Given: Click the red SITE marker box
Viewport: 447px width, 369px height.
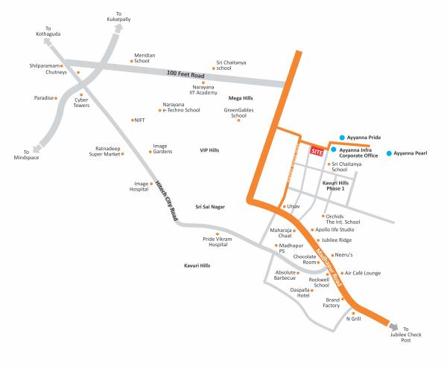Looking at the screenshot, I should pyautogui.click(x=317, y=150).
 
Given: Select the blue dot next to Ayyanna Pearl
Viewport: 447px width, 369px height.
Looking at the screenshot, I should pyautogui.click(x=388, y=153).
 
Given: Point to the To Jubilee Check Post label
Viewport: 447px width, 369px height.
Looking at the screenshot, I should pyautogui.click(x=411, y=335).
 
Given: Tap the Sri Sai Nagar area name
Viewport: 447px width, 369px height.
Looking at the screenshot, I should pyautogui.click(x=210, y=207).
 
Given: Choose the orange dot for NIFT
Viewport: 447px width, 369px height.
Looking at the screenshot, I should pyautogui.click(x=132, y=120).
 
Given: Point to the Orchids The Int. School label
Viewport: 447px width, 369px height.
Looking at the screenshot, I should pyautogui.click(x=343, y=219).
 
